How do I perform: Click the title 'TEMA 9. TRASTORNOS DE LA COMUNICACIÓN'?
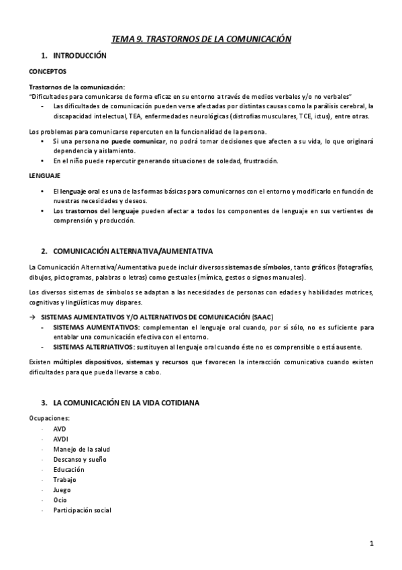201,40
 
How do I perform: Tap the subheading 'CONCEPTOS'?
47,71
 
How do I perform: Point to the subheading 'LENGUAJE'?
45,175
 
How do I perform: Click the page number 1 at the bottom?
371,542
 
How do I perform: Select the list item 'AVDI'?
60,438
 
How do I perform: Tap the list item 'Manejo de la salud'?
81,449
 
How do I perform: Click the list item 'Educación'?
69,469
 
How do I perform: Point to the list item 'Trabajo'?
64,480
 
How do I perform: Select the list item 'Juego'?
62,490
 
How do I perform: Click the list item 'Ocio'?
60,500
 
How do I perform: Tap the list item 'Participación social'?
82,510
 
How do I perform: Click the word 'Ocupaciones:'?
49,418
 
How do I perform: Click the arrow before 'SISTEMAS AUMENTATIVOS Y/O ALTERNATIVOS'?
32,317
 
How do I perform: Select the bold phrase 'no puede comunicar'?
134,141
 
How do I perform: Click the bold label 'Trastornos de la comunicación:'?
77,87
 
